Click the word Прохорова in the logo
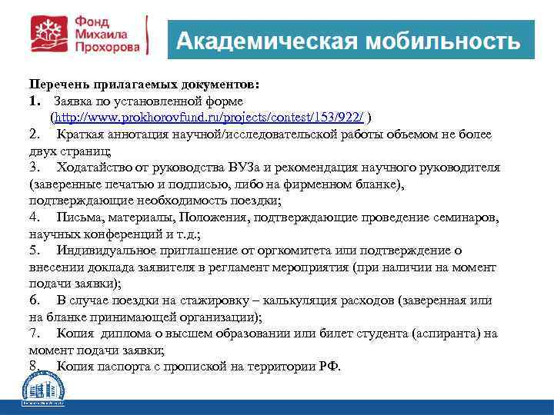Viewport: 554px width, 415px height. pos(108,47)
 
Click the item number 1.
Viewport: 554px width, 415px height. pos(34,101)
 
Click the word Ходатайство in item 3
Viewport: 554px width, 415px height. pos(98,168)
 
